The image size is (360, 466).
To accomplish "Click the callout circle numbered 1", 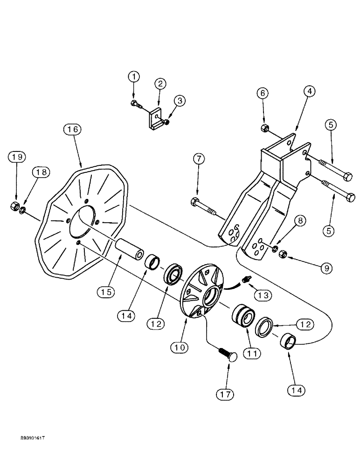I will [x=134, y=76].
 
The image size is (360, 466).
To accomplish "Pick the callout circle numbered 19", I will [x=17, y=157].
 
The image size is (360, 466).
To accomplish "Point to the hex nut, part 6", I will [x=263, y=128].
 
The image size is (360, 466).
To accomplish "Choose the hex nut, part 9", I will [x=283, y=254].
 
